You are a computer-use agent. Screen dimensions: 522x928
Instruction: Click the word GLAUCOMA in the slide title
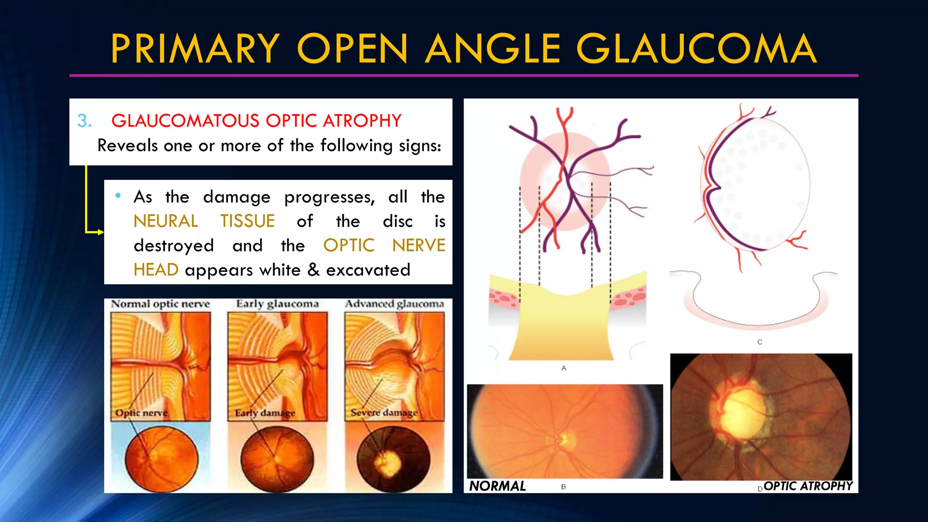click(696, 48)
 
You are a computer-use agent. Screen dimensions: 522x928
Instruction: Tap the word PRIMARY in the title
click(195, 48)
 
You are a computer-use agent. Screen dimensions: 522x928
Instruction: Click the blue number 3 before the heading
click(84, 121)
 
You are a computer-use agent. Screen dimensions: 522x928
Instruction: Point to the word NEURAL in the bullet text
click(166, 221)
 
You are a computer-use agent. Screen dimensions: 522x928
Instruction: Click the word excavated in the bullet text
click(368, 270)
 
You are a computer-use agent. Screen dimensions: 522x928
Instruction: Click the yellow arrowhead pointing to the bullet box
click(101, 232)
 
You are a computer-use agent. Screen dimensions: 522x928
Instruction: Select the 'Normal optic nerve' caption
click(160, 304)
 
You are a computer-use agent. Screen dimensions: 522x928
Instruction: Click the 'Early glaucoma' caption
click(277, 304)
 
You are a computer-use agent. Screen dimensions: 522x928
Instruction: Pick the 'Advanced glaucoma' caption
click(394, 304)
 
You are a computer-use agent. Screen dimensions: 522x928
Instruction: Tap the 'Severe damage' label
click(384, 413)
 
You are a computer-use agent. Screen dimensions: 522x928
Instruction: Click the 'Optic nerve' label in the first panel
click(141, 413)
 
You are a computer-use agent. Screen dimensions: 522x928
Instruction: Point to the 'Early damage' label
click(265, 413)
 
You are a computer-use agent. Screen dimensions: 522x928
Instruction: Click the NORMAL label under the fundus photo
click(497, 486)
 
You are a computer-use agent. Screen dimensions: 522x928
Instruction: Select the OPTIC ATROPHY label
click(808, 486)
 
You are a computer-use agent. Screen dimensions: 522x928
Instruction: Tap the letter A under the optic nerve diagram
click(564, 368)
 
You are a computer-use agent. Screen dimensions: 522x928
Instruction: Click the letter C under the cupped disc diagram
click(760, 342)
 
